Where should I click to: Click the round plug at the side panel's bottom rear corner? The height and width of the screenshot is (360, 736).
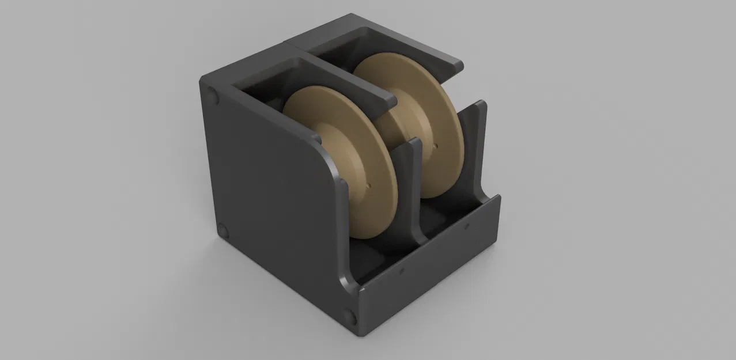tap(224, 232)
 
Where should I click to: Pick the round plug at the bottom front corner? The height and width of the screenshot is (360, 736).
tap(350, 314)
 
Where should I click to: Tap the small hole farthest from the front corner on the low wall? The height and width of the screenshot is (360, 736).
tap(466, 228)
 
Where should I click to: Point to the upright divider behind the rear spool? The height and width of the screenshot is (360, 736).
tap(477, 138)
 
